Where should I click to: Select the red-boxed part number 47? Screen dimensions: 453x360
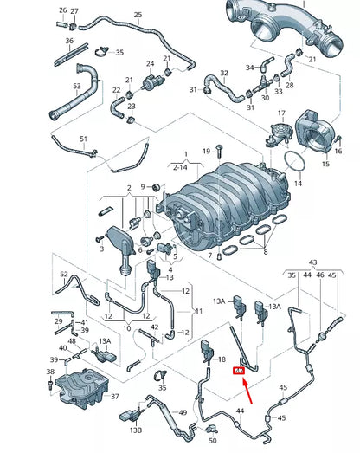click(x=238, y=370)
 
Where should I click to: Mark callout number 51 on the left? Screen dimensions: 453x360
click(x=83, y=139)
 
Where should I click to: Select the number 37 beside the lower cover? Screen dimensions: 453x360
click(x=115, y=410)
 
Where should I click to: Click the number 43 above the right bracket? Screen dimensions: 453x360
click(x=312, y=262)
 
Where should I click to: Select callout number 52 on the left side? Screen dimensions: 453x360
click(x=63, y=275)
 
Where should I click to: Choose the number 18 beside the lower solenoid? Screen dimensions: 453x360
click(x=222, y=358)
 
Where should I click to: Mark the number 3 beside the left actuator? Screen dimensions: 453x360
click(x=101, y=249)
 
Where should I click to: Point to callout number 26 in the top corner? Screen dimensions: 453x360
click(x=62, y=10)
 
